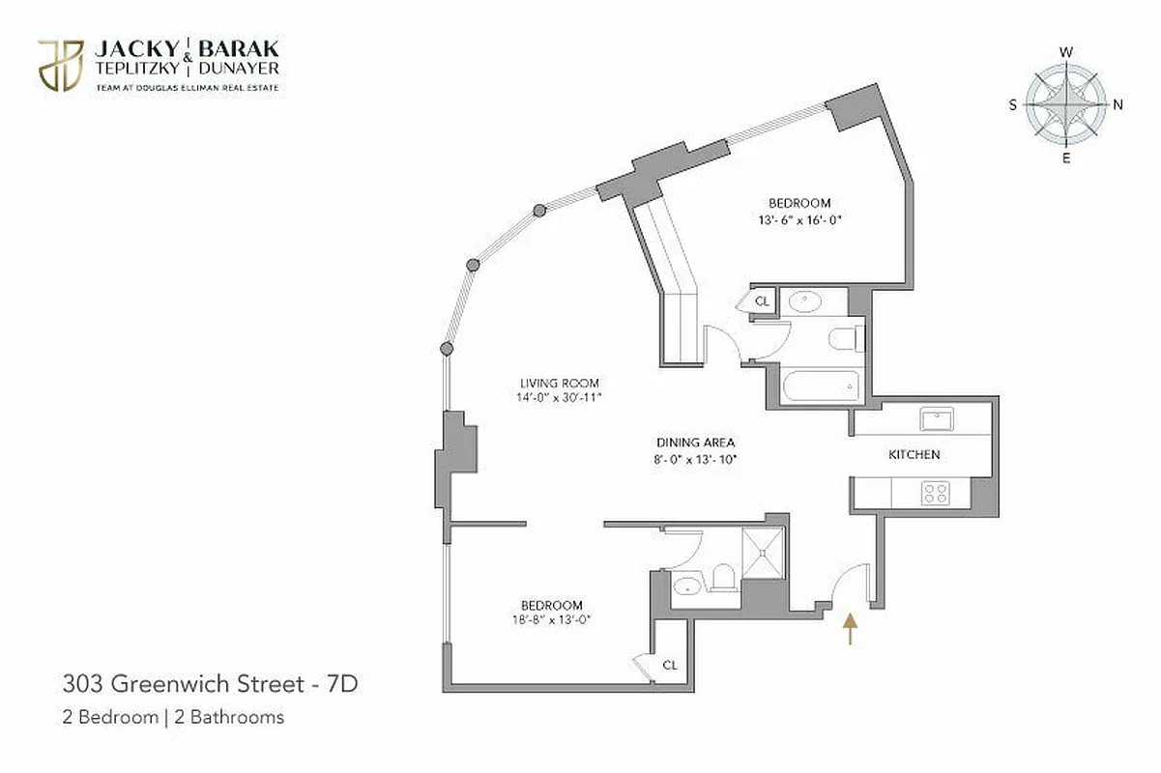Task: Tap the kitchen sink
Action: (x=936, y=419)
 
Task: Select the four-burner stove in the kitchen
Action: (x=935, y=494)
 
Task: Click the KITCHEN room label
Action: (x=914, y=454)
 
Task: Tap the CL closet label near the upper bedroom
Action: (x=762, y=301)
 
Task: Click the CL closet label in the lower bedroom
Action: (x=669, y=665)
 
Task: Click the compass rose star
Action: (x=1065, y=101)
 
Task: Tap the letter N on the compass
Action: (x=1117, y=105)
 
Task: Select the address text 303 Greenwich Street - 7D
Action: (x=210, y=685)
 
